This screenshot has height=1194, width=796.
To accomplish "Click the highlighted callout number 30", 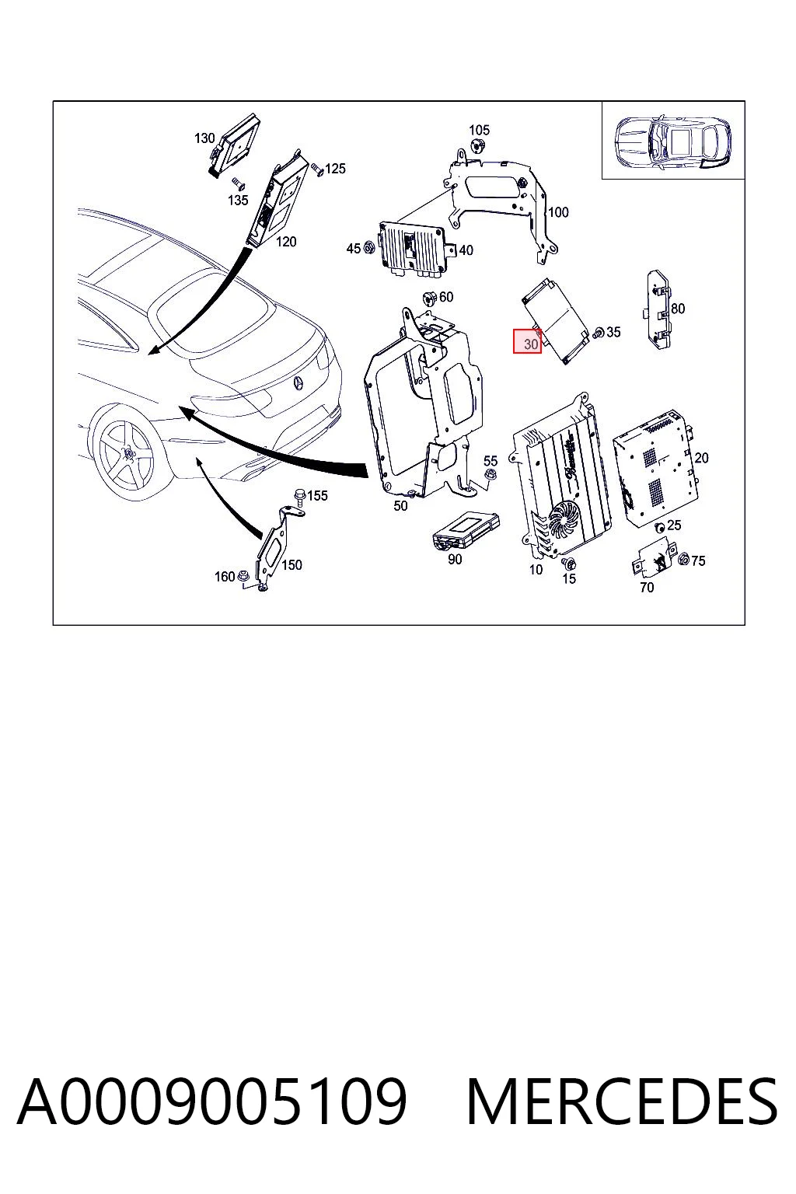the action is (x=527, y=342).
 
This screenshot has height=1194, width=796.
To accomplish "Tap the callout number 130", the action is (x=204, y=138).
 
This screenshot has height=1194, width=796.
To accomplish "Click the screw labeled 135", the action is (x=238, y=183).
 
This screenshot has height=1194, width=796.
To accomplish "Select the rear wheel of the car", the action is (x=127, y=453).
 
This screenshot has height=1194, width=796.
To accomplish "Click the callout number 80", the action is (x=678, y=309).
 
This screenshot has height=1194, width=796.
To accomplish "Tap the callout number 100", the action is (x=558, y=213).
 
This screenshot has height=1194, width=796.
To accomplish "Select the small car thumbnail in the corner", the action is (x=672, y=140).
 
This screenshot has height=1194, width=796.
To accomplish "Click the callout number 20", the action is (x=701, y=458).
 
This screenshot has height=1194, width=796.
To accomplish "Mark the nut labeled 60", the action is (x=428, y=297).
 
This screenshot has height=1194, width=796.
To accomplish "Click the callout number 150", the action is (x=292, y=565).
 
